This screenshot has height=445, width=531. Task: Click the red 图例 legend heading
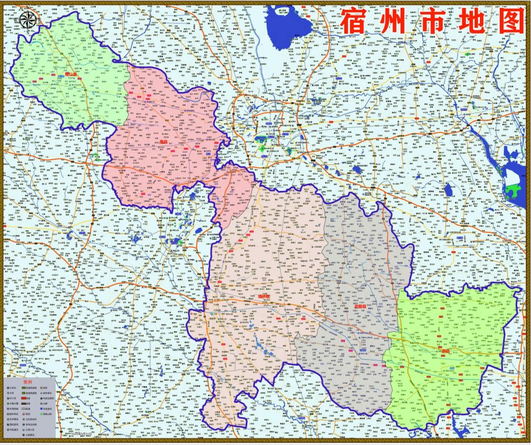(28, 382)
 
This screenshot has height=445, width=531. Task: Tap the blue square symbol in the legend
(41, 409)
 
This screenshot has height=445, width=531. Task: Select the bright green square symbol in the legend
(41, 414)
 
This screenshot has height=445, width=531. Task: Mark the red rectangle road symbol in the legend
(24, 398)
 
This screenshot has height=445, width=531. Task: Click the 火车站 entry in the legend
(11, 388)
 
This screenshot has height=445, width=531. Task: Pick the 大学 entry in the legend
(11, 393)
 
